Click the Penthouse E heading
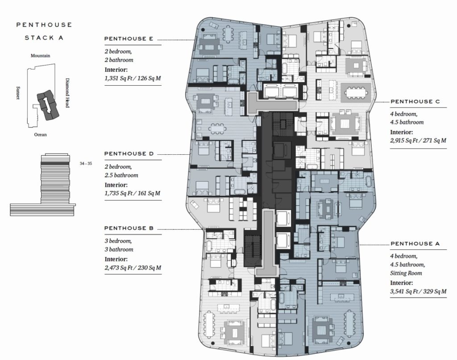129,39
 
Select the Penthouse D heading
129,153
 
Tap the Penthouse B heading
129,228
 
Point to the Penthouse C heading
415,102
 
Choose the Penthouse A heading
415,244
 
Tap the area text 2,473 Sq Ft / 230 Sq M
133,268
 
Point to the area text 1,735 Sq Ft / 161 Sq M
133,194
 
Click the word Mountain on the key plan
40,56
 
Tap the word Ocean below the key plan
40,134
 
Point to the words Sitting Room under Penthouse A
406,273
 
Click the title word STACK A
43,38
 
